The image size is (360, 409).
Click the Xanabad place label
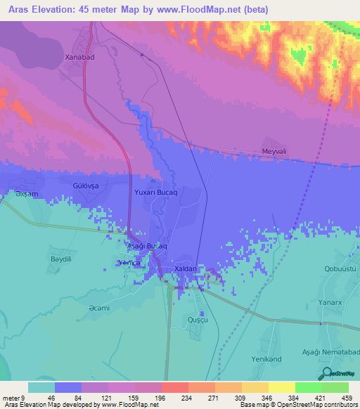pyautogui.click(x=79, y=59)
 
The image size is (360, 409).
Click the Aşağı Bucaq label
pyautogui.click(x=146, y=247)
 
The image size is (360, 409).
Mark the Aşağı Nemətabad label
pyautogui.click(x=320, y=339)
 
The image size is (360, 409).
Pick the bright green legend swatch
pyautogui.click(x=307, y=387)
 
